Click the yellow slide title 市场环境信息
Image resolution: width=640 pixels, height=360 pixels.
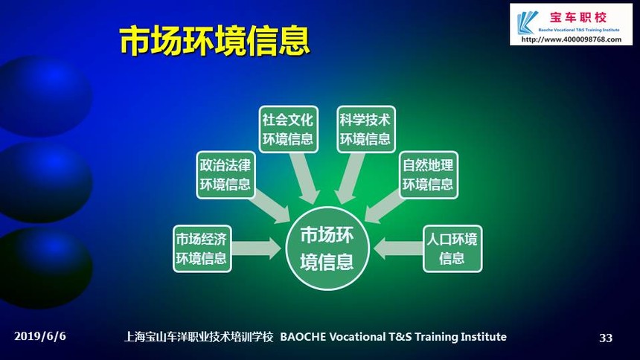click(x=214, y=40)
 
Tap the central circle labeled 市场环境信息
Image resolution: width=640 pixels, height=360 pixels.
click(x=327, y=248)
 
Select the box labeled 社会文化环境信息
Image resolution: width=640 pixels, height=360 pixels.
click(x=288, y=129)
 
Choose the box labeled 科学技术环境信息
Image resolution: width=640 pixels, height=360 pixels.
click(x=365, y=129)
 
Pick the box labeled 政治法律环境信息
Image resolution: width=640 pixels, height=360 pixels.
click(x=225, y=175)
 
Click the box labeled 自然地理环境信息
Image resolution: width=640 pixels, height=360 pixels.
click(x=428, y=175)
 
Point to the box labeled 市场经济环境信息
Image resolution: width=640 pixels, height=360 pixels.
click(x=202, y=248)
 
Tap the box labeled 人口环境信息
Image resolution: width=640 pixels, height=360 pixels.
click(x=452, y=248)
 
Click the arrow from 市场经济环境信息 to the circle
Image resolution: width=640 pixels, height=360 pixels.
click(x=256, y=248)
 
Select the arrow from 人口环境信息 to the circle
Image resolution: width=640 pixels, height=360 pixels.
click(x=398, y=248)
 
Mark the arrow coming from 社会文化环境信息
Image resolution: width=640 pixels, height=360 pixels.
click(x=304, y=178)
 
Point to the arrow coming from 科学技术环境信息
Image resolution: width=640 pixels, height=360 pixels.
click(x=350, y=178)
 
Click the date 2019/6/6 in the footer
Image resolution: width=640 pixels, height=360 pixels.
click(x=40, y=336)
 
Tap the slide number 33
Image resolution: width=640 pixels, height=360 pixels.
click(x=606, y=338)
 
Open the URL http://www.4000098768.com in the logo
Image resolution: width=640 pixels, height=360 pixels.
click(x=572, y=39)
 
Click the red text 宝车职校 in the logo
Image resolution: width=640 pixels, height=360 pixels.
click(x=578, y=17)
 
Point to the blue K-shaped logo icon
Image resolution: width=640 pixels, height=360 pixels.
click(x=527, y=22)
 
